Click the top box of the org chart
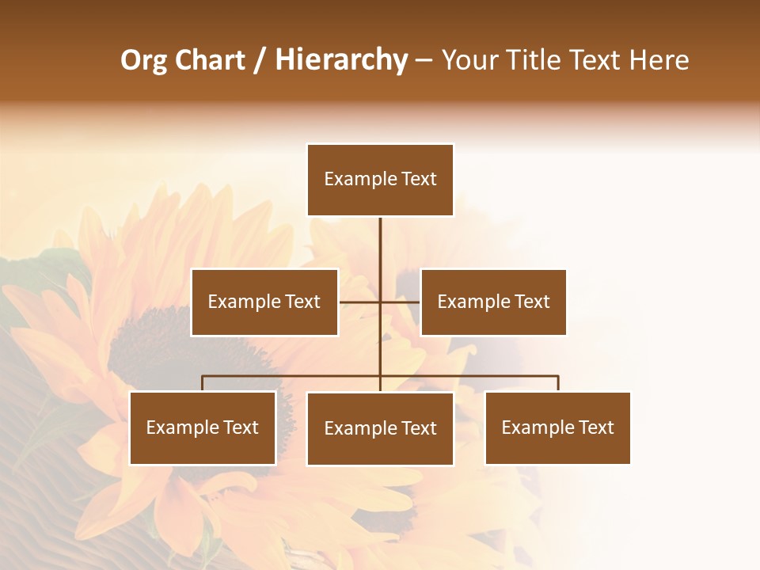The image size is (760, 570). (x=380, y=180)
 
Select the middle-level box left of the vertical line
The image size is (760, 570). (x=264, y=302)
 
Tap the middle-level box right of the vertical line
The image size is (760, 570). (x=493, y=302)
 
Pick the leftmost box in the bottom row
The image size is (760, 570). (x=203, y=427)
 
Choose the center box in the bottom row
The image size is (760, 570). (x=380, y=428)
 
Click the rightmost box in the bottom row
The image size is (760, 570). (x=557, y=427)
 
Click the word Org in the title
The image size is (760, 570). (x=143, y=61)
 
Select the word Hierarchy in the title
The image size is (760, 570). (x=340, y=61)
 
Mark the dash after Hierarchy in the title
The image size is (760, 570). (x=424, y=61)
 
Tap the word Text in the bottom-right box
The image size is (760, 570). (x=596, y=427)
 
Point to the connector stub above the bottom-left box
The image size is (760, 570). (x=203, y=383)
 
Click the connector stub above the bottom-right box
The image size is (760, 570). (x=557, y=383)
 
